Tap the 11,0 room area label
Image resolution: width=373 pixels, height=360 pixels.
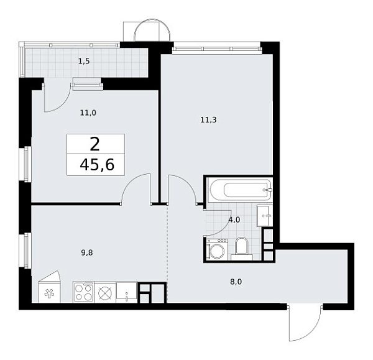(87, 113)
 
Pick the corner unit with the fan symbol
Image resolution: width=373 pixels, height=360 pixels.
(50, 290)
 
